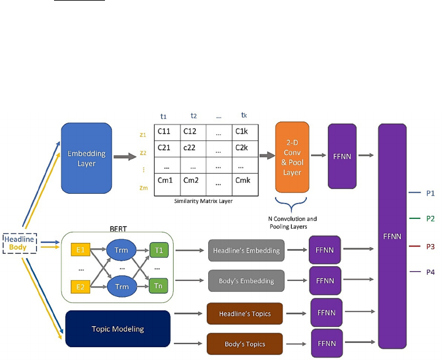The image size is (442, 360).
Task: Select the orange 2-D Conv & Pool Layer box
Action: coord(292,156)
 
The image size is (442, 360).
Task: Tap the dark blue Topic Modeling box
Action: coord(117,329)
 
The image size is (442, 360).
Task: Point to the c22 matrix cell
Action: coord(192,148)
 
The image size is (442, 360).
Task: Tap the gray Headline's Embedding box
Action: coord(246,250)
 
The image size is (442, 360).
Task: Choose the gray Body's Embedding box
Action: coord(246,280)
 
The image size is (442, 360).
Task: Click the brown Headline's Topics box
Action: coord(244,313)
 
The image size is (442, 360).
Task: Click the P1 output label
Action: coord(430,193)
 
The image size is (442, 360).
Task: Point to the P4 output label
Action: coord(430,272)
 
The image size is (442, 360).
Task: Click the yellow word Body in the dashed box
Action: coord(21,247)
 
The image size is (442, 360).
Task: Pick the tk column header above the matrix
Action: coord(244,114)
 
